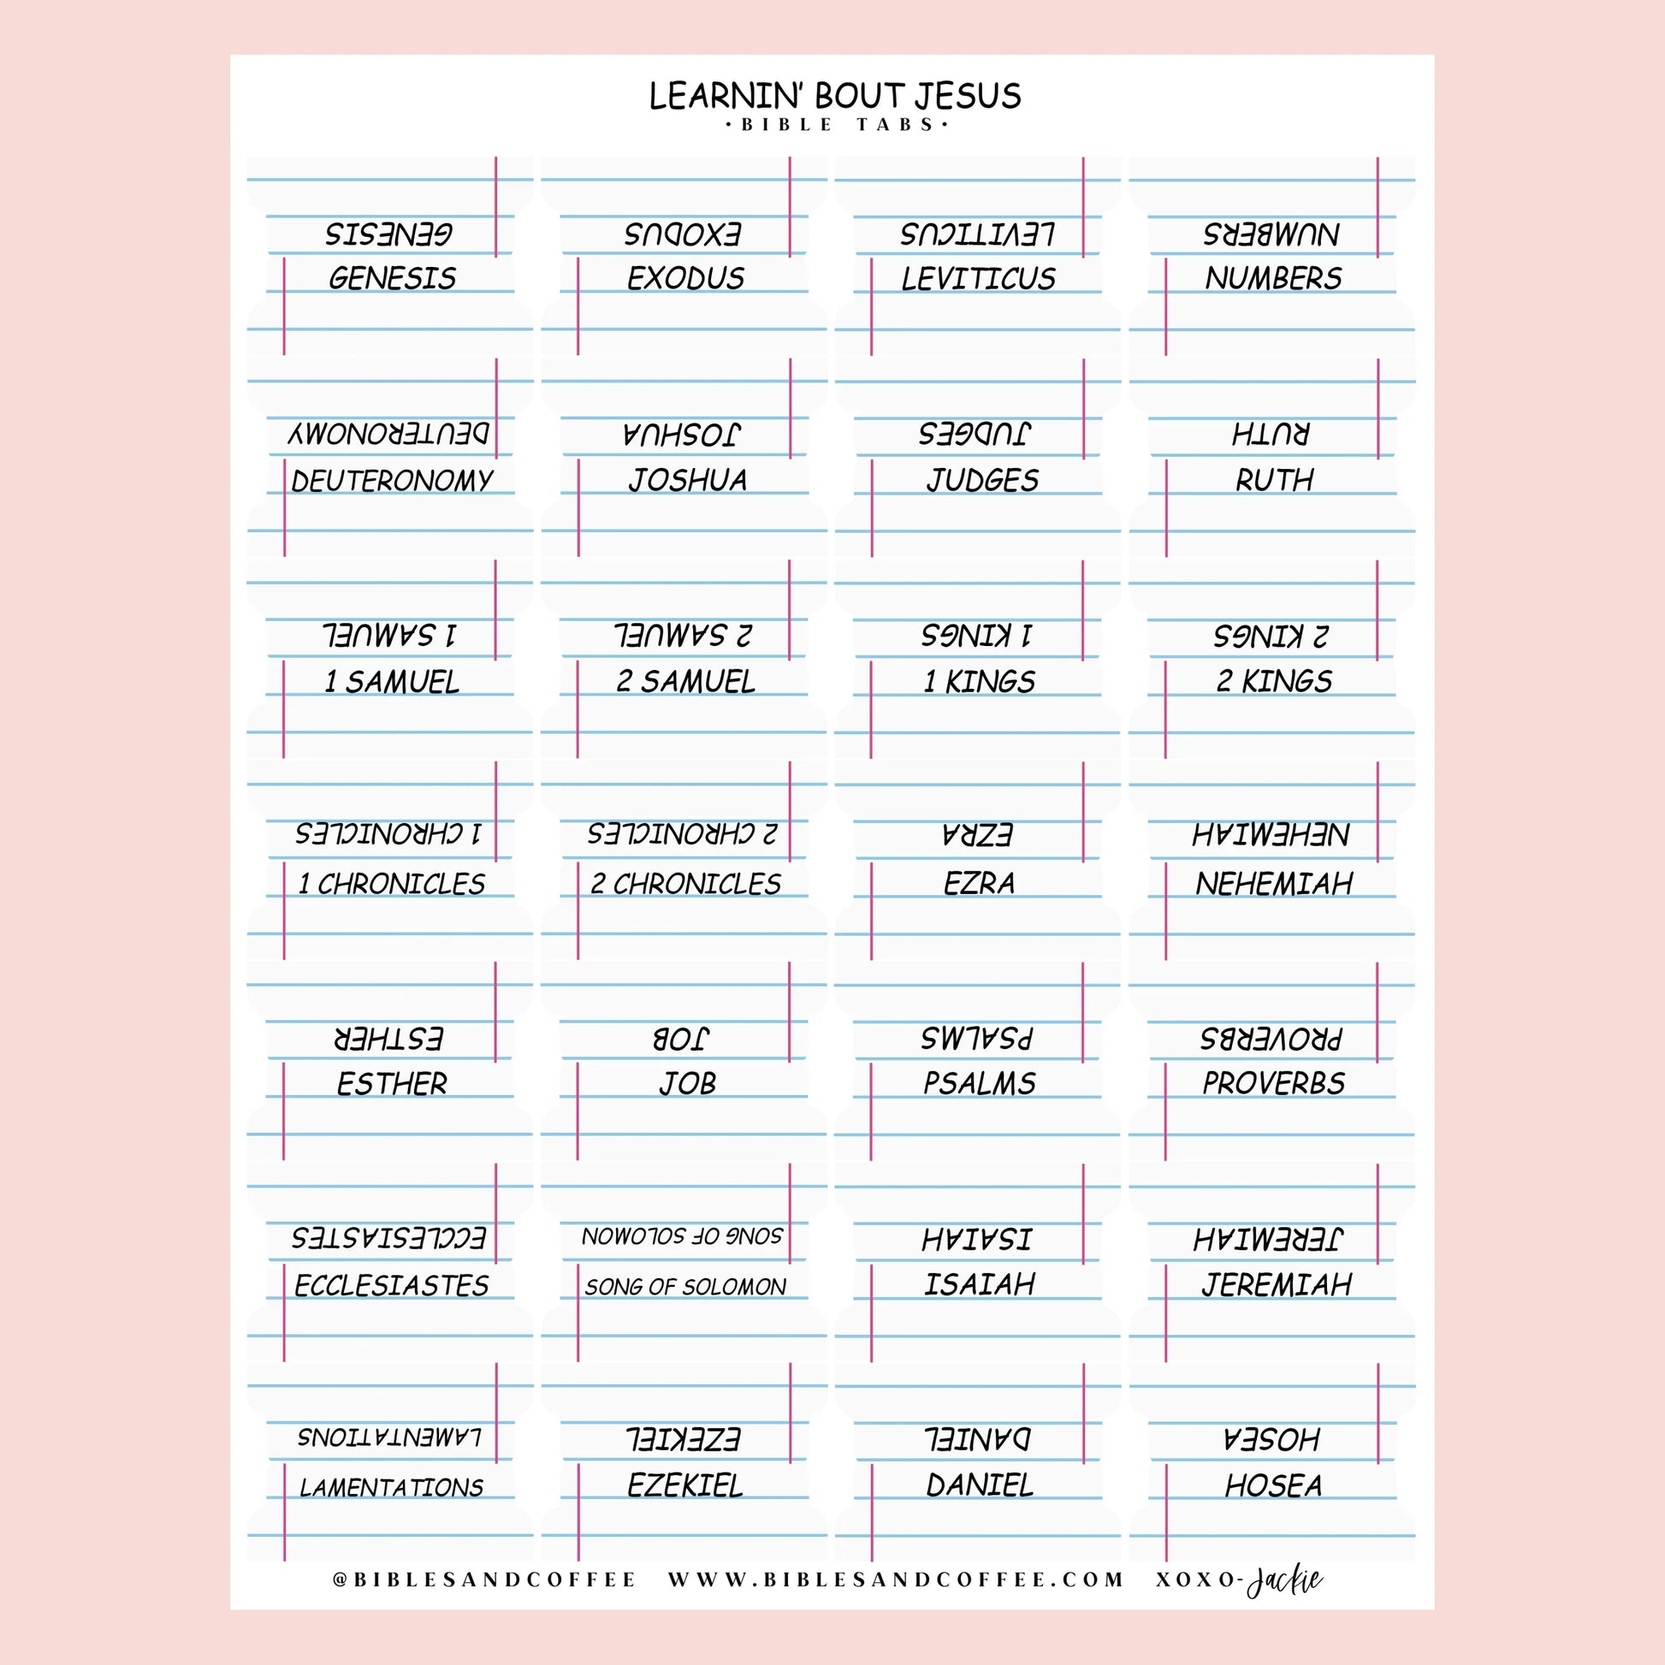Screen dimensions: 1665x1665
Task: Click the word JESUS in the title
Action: (x=968, y=96)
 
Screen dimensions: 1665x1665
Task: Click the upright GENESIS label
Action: (x=392, y=278)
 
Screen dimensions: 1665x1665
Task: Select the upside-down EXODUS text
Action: (x=683, y=234)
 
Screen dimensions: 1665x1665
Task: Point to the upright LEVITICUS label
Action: (x=978, y=278)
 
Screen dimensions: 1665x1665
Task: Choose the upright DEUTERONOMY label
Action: (x=392, y=480)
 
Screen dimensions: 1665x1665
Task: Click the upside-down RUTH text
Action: (x=1271, y=434)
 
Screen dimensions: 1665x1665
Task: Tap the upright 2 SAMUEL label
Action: (x=686, y=682)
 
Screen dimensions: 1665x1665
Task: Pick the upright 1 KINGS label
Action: (x=979, y=682)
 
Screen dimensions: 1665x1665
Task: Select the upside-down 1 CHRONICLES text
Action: (x=388, y=834)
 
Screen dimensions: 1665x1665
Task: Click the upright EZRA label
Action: (x=979, y=883)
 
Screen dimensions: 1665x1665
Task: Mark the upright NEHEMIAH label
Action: (x=1274, y=883)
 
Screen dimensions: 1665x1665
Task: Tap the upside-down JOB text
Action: (x=681, y=1039)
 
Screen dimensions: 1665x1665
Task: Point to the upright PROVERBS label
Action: (x=1274, y=1083)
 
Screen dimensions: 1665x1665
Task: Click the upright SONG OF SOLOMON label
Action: (x=686, y=1287)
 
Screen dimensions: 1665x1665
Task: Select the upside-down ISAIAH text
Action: (x=976, y=1239)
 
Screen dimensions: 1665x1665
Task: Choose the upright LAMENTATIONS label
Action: (x=392, y=1488)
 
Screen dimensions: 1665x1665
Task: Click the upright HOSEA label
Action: (x=1274, y=1485)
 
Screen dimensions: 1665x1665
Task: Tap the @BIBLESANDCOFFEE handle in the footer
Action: (x=484, y=1579)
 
